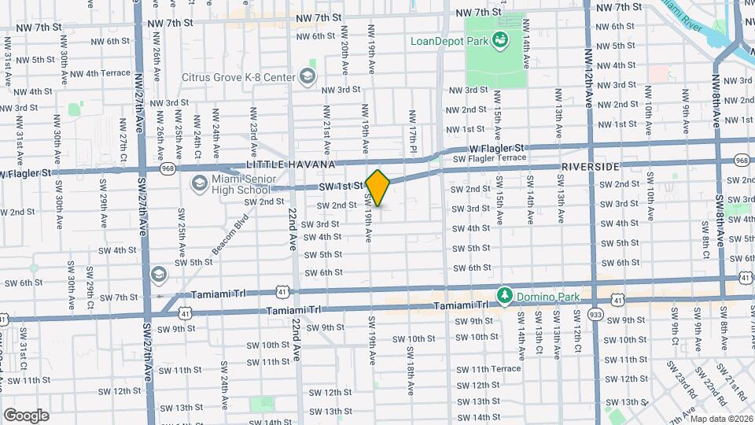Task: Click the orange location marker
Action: coord(378,188)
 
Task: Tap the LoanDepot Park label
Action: coord(447,40)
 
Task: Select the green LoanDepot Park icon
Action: coord(499,40)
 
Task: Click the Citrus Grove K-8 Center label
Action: coord(238,77)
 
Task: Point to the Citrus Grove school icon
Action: coord(307,76)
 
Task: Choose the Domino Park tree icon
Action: coord(504,296)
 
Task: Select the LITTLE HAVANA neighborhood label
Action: coord(291,164)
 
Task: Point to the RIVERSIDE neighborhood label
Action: coord(591,168)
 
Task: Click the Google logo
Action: coord(25,415)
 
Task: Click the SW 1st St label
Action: coord(341,187)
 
